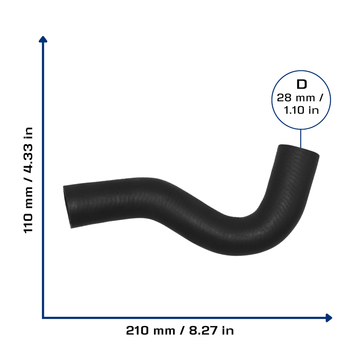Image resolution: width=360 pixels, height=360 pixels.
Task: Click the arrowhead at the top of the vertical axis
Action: [x=43, y=39]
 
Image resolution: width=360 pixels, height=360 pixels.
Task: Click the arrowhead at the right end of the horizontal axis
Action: [x=329, y=318]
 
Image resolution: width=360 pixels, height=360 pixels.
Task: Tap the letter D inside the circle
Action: [x=302, y=84]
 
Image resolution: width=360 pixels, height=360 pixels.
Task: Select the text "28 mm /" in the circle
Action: [x=300, y=98]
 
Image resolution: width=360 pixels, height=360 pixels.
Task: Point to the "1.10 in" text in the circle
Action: [x=301, y=110]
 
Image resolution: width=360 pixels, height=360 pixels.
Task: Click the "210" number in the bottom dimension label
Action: [x=137, y=330]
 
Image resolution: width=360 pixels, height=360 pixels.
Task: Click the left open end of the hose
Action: [x=67, y=207]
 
